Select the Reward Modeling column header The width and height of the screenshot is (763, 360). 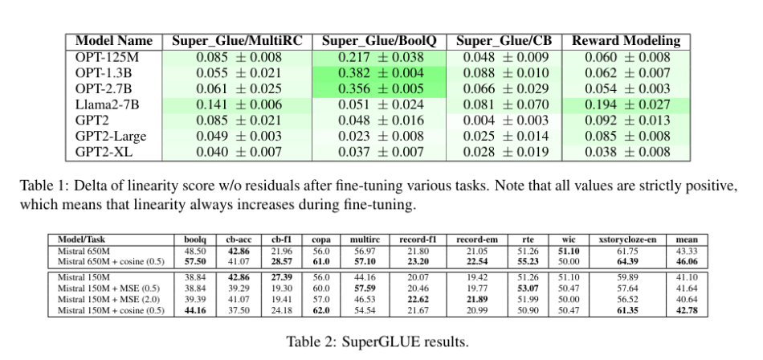tap(626, 41)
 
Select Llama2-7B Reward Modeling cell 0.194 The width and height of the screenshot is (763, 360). tap(626, 104)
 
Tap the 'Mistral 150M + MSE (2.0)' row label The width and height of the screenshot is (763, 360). tap(104, 299)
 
